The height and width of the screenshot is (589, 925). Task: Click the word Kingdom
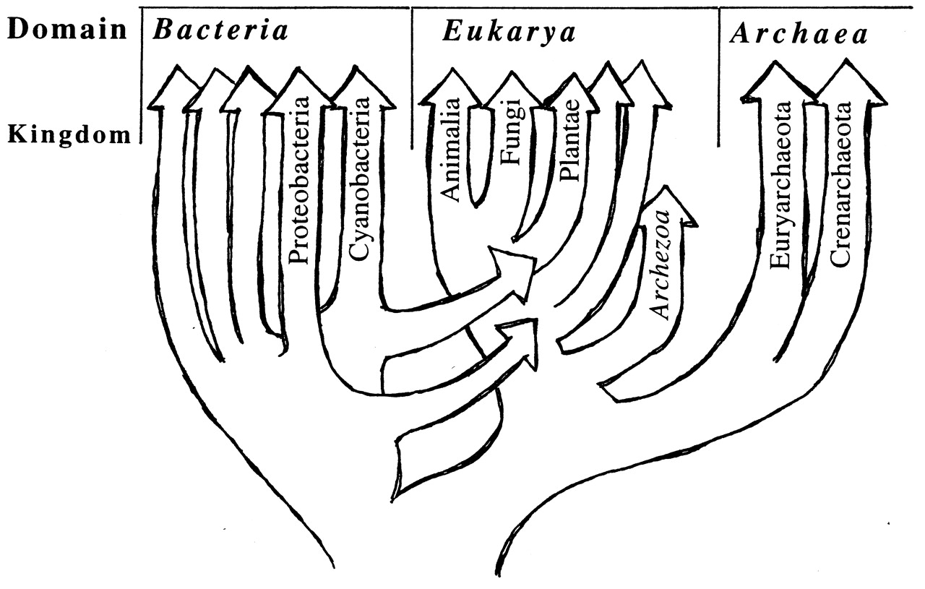click(x=69, y=134)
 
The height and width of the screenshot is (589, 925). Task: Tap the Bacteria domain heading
click(x=221, y=32)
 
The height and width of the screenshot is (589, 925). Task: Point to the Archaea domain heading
click(x=799, y=35)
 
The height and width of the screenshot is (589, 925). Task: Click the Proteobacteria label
click(x=298, y=181)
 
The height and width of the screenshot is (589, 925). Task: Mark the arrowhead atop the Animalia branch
click(x=450, y=90)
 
